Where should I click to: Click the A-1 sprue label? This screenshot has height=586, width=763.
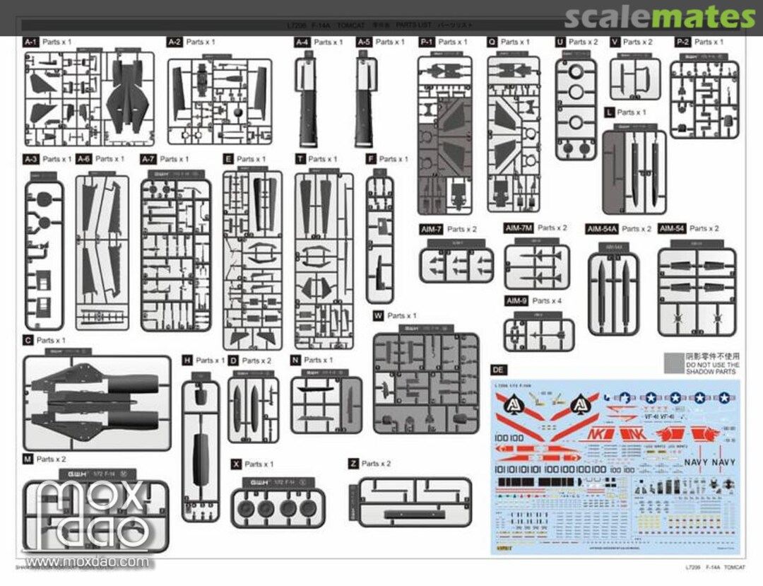point(31,42)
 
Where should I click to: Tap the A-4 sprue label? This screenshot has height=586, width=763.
point(302,42)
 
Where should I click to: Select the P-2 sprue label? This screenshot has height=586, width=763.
point(682,42)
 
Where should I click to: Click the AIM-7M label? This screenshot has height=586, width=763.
point(519,228)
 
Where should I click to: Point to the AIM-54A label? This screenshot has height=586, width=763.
point(602,229)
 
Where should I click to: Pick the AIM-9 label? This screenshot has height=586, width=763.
point(516,301)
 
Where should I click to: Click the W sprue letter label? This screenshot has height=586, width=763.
point(378,315)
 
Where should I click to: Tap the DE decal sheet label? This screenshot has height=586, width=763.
point(498,370)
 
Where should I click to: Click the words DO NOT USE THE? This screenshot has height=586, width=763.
point(712,365)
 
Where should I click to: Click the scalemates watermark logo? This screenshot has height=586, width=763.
point(660,17)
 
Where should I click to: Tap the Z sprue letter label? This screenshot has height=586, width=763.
point(353,464)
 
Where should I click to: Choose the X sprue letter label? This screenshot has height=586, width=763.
point(236,464)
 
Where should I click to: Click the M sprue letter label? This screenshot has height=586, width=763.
point(28,459)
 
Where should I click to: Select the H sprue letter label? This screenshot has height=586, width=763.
point(187,361)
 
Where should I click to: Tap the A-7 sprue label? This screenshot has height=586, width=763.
point(148,159)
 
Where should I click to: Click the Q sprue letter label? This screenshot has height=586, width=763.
point(492,42)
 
